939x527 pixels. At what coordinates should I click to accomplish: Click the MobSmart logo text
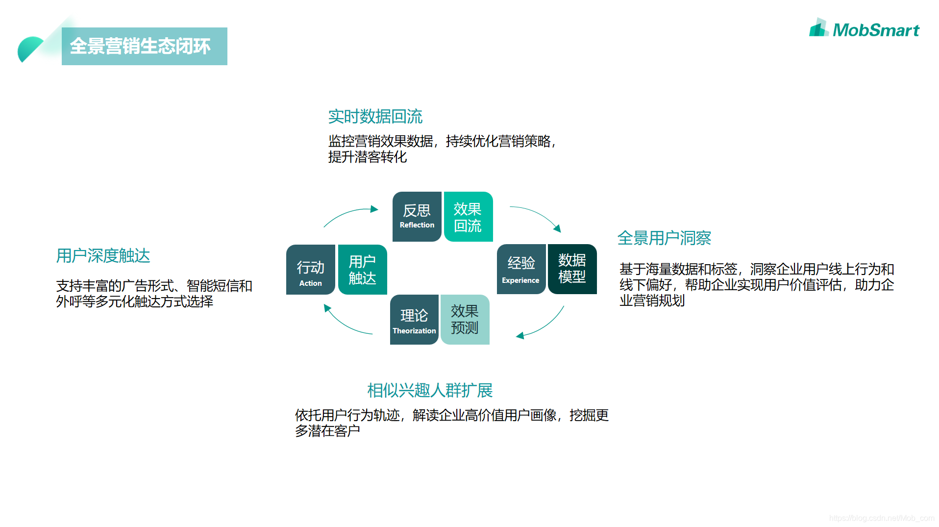pos(875,30)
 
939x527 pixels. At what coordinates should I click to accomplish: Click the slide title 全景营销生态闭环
pos(140,47)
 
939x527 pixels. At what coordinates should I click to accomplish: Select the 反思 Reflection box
pos(417,216)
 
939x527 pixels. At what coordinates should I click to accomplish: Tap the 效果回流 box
pos(468,217)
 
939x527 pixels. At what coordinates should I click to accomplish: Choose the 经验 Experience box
pos(520,269)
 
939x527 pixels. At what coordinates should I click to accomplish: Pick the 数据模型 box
pos(572,269)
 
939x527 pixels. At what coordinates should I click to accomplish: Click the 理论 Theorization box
pos(414,320)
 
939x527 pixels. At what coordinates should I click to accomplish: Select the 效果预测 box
pos(465,320)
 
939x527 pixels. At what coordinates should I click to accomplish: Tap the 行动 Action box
pos(311,270)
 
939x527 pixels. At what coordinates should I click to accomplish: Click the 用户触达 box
pos(362,270)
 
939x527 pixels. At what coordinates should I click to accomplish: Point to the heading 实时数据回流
pos(375,117)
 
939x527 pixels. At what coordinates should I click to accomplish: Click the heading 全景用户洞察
pos(664,238)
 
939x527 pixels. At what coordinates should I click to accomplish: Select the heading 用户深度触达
pos(103,256)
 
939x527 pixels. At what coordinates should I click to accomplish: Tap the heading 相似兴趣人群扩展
pos(430,391)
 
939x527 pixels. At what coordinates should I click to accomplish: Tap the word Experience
pos(520,280)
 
